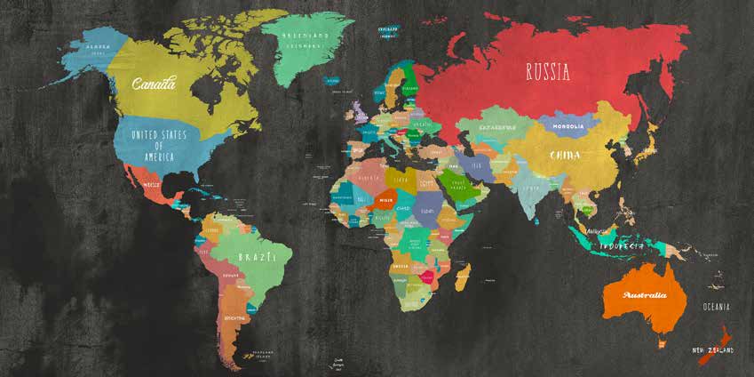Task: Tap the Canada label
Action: point(153,84)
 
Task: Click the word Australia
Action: point(645,294)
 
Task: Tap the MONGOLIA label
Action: point(567,126)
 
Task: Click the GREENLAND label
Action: point(306,39)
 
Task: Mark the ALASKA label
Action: point(98,47)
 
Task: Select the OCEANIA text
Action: point(716,307)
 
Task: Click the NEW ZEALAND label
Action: point(712,349)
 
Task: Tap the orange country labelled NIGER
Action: point(385,200)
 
